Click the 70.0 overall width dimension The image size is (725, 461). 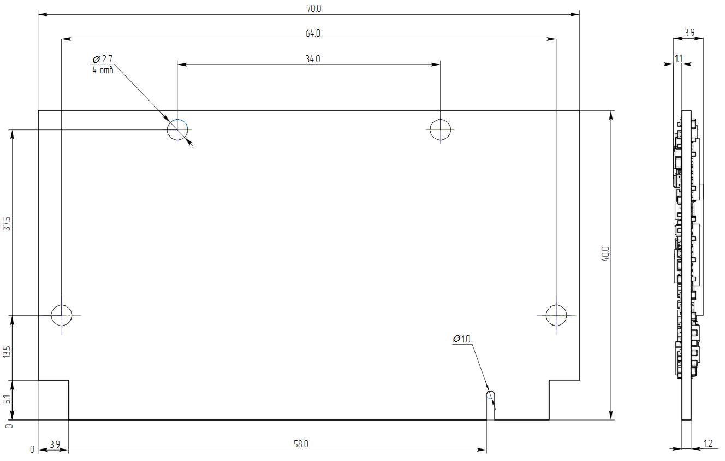312,9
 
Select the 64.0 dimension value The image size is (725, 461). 312,34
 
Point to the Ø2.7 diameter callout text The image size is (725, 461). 103,59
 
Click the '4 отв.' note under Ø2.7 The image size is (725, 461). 103,70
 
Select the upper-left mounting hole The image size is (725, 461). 177,129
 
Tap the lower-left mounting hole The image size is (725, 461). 62,315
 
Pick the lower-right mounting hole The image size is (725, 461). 556,315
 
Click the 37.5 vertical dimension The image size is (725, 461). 7,223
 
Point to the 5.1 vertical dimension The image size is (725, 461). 7,399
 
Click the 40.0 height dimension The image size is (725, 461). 605,255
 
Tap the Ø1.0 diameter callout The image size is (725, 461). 461,339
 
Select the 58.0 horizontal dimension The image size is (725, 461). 301,445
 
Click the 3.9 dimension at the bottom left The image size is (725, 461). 55,445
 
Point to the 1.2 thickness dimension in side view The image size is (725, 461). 708,444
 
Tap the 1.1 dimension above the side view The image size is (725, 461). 679,58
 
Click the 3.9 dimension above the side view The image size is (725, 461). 689,33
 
